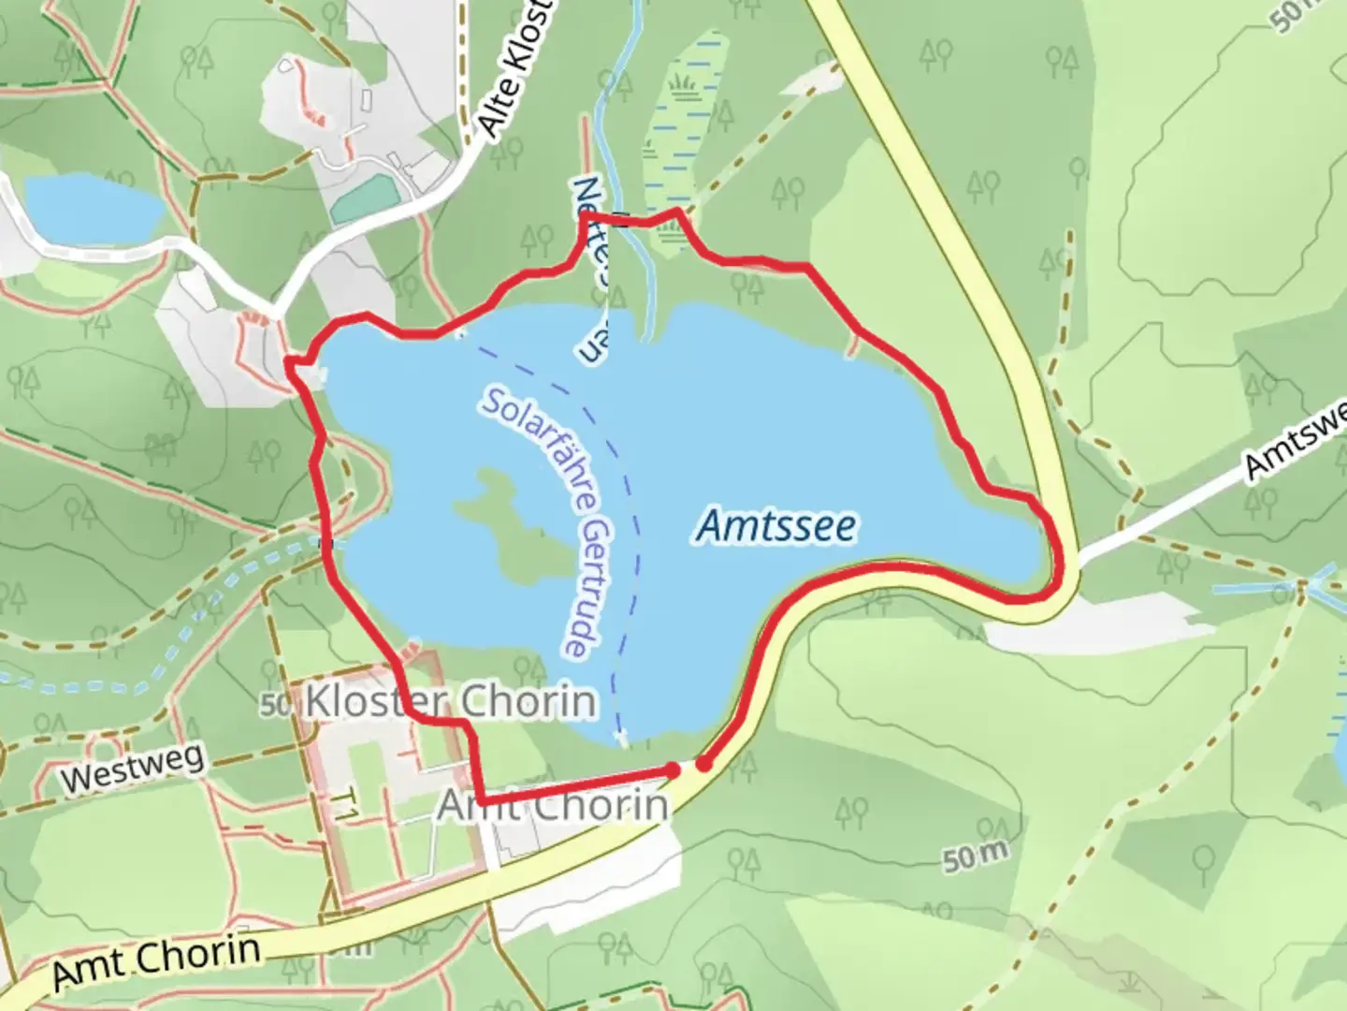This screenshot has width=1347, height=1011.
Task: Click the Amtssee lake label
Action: [775, 526]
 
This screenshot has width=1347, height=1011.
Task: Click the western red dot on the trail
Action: [673, 769]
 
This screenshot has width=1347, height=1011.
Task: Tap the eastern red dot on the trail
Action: [703, 765]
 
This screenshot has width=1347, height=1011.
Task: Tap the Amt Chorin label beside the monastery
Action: [554, 804]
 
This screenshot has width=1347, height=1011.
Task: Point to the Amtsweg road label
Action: [1296, 443]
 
